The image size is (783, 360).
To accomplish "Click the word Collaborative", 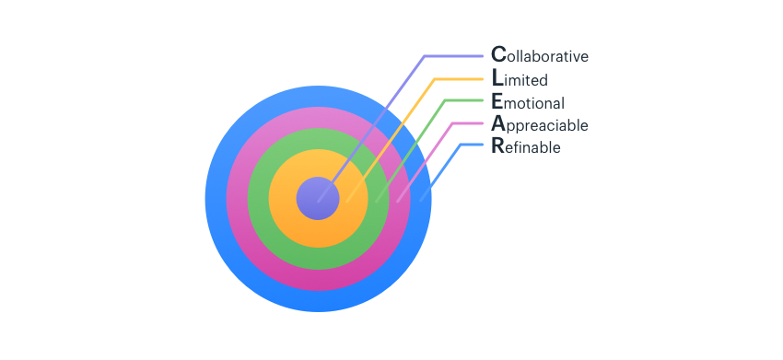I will pos(540,56).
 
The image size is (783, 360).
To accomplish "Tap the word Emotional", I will pos(528,102).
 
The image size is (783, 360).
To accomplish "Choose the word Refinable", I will pos(526,146).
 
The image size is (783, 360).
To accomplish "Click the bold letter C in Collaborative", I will pos(498,55).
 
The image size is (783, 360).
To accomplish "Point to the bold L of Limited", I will pos(497,79).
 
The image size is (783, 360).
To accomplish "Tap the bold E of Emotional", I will pos(497,101).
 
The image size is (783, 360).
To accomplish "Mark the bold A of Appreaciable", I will pos(498,123).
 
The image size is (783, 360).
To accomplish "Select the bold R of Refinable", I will pos(498,145).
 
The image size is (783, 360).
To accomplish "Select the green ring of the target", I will pos(318,257).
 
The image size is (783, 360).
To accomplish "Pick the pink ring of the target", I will pos(318,278).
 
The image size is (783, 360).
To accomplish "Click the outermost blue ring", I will pos(318,301).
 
